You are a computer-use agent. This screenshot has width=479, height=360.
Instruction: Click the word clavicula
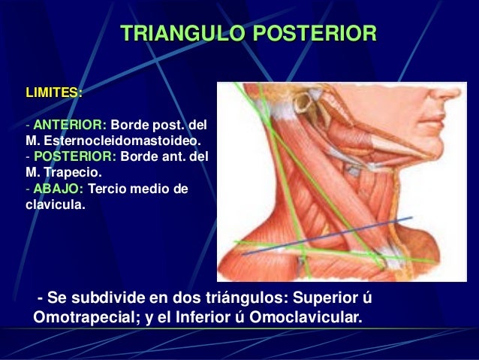coord(55,205)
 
